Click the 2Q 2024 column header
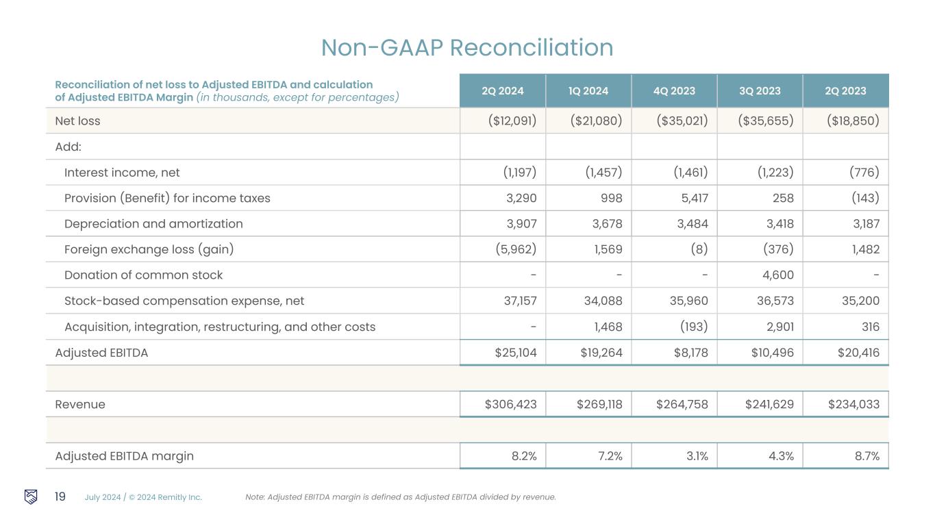coord(502,91)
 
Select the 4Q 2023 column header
coord(673,91)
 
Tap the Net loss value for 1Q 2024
coord(596,121)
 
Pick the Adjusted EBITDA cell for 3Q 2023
coord(769,353)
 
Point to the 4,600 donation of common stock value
coord(778,275)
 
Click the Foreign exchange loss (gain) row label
coord(149,250)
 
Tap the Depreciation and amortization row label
coord(153,224)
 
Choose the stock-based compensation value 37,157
coord(518,301)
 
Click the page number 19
coord(60,497)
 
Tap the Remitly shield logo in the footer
coord(31,497)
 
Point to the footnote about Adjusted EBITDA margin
coord(400,497)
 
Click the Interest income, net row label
coord(122,173)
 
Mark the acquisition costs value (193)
coord(693,327)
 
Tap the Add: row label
coord(68,147)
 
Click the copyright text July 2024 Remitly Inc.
coord(143,497)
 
